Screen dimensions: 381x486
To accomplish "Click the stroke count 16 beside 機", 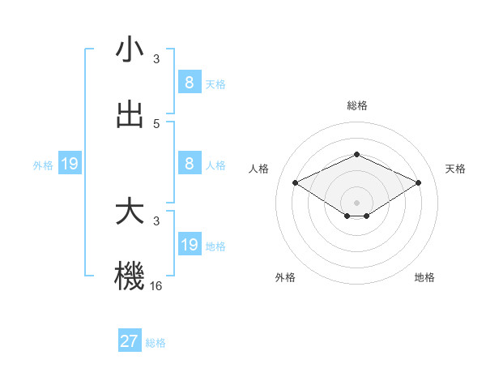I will [x=156, y=285].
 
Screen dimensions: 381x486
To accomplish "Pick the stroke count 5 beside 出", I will [x=156, y=124].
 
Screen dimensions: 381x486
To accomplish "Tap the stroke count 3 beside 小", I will [x=156, y=59].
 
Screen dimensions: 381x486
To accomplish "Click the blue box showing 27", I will [x=129, y=341].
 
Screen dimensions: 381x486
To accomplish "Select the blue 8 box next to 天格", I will [x=190, y=82].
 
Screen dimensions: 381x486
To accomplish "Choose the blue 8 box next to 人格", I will [x=190, y=163].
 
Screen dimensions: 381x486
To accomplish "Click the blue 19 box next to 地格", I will [x=190, y=244].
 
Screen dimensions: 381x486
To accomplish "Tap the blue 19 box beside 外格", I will [x=69, y=165].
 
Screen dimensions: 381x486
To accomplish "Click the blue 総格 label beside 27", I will [x=156, y=343].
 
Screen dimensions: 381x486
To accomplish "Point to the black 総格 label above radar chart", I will [x=357, y=105].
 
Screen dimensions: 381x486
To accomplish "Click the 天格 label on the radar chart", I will [x=455, y=169].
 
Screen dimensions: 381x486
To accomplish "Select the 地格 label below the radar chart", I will [x=424, y=277].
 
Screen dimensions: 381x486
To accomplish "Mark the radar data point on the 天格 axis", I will [x=418, y=183].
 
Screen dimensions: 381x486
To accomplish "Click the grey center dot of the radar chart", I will [x=357, y=202].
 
